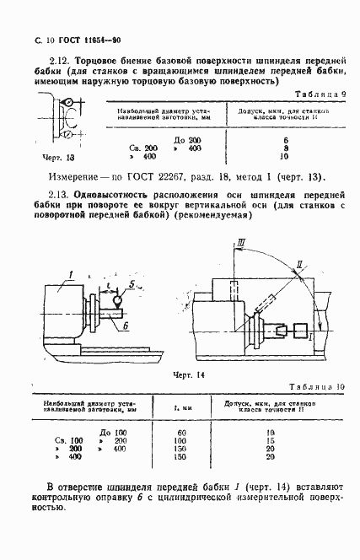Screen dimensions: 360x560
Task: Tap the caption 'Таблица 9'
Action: [319, 94]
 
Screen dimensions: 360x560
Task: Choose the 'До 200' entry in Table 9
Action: [188, 138]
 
